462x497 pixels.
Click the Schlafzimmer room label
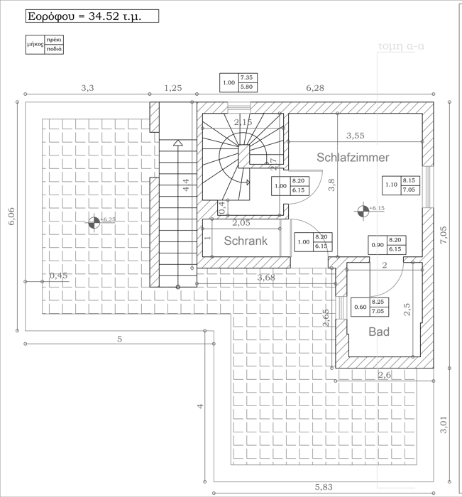353,158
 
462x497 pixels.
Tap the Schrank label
246,241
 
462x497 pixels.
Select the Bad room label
379,332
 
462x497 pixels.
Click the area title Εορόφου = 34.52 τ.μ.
83,17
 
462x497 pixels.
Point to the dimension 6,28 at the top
314,88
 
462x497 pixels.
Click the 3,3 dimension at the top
87,88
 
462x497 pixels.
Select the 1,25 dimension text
173,88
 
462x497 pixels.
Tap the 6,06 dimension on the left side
11,216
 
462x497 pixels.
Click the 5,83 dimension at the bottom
326,486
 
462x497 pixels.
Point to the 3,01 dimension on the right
444,424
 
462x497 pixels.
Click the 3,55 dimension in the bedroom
355,136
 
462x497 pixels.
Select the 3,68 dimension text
266,278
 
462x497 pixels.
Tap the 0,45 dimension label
58,275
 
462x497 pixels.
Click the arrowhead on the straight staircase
177,143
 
